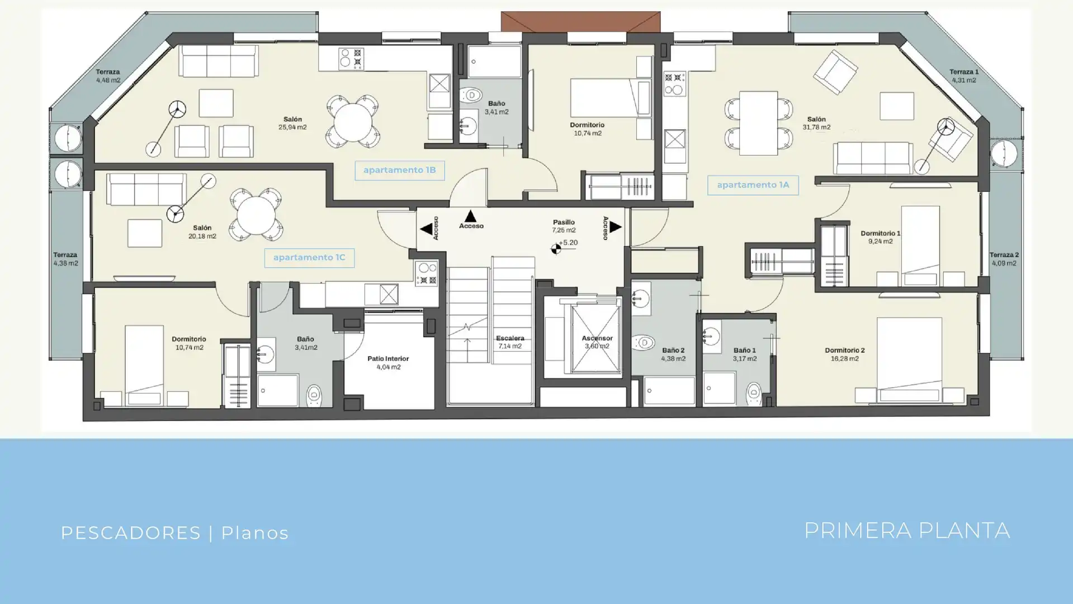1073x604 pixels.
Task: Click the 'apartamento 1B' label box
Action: (400, 170)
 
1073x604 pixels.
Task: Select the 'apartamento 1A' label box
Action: (753, 185)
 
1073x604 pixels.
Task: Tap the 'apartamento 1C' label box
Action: (309, 258)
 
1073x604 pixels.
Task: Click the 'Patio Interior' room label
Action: (388, 359)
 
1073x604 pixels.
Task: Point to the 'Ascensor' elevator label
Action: (597, 338)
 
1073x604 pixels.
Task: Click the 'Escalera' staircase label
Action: (510, 338)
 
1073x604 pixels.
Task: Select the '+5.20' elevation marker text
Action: (569, 243)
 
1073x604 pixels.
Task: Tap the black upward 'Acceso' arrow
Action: (470, 216)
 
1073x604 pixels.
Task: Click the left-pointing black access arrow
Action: (426, 229)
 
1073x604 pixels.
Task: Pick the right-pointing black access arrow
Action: (615, 226)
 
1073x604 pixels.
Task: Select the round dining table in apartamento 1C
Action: (256, 215)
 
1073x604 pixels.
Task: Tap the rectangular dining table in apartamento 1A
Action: (758, 123)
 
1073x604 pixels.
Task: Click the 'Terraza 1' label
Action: (964, 72)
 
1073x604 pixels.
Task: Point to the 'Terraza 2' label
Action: (1004, 255)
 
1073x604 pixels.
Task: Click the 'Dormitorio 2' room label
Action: (844, 351)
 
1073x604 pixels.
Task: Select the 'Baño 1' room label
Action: (744, 351)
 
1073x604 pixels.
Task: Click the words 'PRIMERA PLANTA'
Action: (907, 531)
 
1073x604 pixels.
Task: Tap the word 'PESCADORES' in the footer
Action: (130, 533)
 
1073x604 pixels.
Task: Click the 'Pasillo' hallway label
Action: (564, 223)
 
